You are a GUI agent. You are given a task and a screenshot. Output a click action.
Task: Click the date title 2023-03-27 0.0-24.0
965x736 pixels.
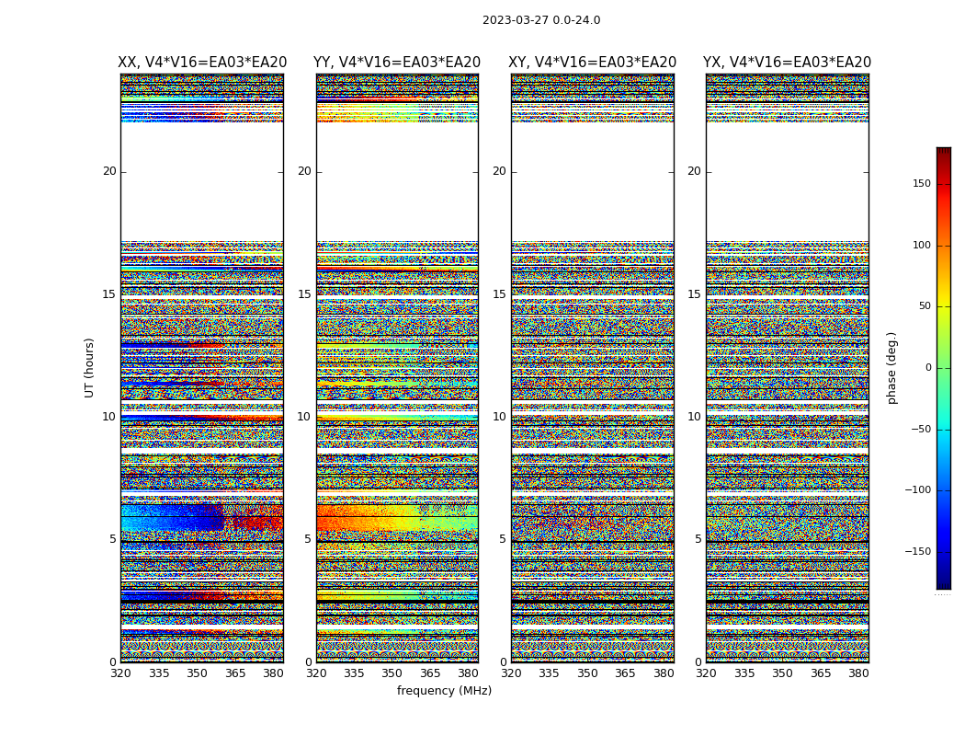click(x=541, y=20)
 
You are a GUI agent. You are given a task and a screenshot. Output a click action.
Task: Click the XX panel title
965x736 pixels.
click(x=202, y=63)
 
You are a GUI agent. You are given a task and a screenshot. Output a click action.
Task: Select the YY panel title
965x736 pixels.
click(x=397, y=63)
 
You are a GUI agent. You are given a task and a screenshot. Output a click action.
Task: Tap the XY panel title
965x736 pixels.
click(x=593, y=63)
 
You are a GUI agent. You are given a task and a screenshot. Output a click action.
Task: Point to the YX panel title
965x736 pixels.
click(x=787, y=63)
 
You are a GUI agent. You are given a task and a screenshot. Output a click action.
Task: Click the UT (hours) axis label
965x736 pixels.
click(x=90, y=367)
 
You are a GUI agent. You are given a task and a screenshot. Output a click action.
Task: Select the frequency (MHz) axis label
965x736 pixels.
click(x=444, y=691)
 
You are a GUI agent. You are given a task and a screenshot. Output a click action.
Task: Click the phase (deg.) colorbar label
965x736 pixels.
click(x=891, y=368)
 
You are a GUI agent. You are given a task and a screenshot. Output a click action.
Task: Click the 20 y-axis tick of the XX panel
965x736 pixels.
click(x=109, y=171)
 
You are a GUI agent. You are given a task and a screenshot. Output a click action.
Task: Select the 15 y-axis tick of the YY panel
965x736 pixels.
click(x=304, y=294)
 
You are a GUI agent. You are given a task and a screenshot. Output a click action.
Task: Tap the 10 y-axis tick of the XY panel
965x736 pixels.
click(x=499, y=417)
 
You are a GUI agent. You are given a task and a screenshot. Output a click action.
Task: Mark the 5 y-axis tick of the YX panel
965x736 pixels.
click(x=698, y=539)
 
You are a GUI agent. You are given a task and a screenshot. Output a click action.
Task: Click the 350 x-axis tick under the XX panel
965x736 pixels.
click(x=198, y=673)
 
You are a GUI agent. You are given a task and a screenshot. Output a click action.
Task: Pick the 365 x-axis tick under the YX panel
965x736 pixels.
click(x=821, y=673)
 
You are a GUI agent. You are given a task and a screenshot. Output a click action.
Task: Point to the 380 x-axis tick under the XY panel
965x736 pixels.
click(x=664, y=673)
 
